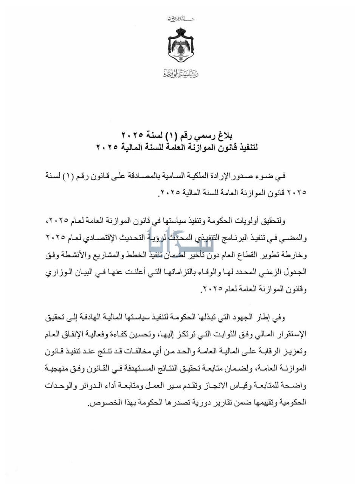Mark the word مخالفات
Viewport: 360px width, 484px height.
(131, 352)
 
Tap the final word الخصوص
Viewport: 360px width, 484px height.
(101, 403)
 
